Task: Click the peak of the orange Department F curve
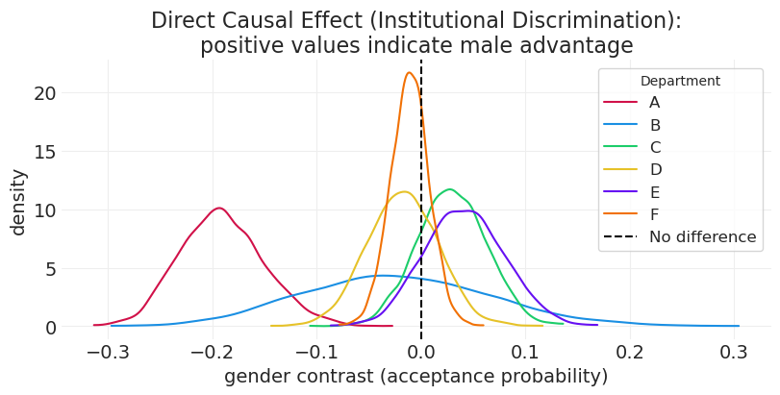point(410,73)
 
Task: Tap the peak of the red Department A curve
point(219,208)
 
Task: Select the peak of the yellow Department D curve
point(406,192)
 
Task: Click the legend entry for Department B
point(655,125)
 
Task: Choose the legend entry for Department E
point(655,192)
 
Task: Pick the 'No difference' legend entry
point(702,237)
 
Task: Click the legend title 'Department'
point(680,82)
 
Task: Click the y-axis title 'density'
point(18,202)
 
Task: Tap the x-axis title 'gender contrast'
point(415,377)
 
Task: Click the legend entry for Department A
point(655,103)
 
